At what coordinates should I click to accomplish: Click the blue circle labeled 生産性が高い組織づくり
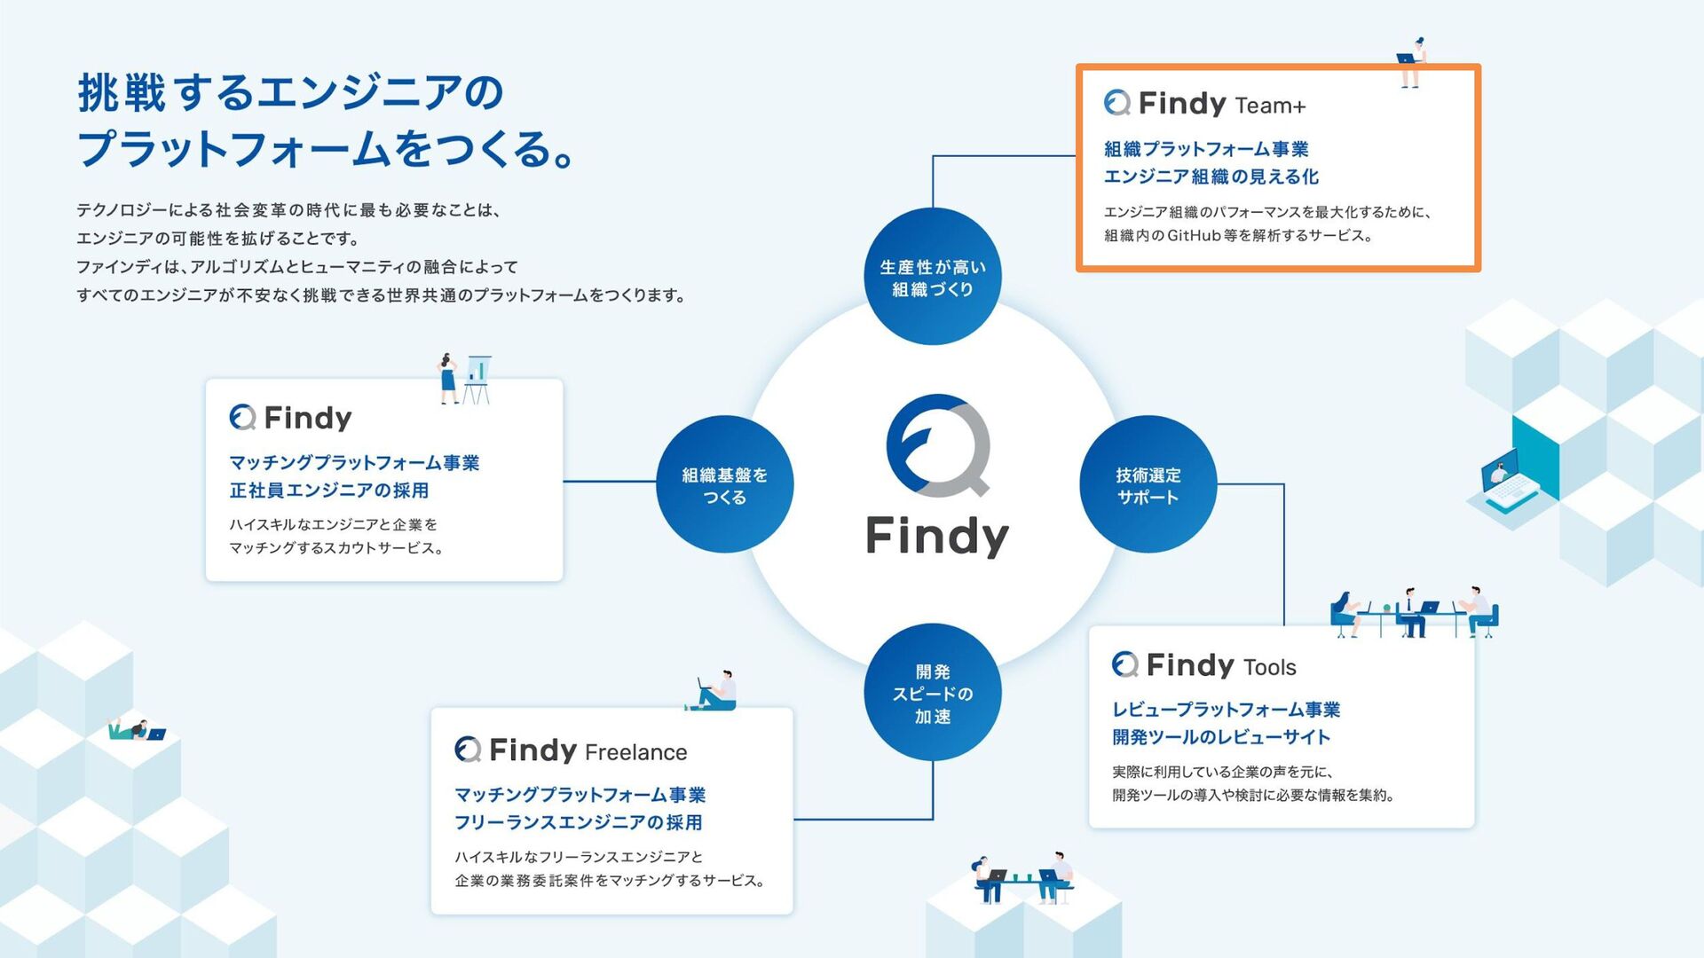pyautogui.click(x=933, y=277)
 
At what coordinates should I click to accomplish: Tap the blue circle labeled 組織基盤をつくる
pyautogui.click(x=724, y=484)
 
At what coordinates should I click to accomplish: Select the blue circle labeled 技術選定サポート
pyautogui.click(x=1148, y=484)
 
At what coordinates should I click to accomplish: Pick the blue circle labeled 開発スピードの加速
pyautogui.click(x=933, y=693)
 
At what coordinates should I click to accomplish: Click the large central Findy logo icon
pyautogui.click(x=938, y=445)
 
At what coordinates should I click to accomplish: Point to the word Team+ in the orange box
pyautogui.click(x=1270, y=106)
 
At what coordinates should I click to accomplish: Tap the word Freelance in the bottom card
pyautogui.click(x=635, y=752)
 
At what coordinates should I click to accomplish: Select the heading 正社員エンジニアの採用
pyautogui.click(x=329, y=491)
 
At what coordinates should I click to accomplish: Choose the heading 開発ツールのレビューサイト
pyautogui.click(x=1221, y=737)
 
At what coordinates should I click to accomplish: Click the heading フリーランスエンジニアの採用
pyautogui.click(x=578, y=822)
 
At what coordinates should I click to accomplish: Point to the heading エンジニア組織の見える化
pyautogui.click(x=1211, y=177)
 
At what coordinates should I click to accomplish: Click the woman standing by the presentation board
pyautogui.click(x=449, y=378)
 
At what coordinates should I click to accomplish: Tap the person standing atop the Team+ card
pyautogui.click(x=1411, y=62)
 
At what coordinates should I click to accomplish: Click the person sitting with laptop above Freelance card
pyautogui.click(x=715, y=692)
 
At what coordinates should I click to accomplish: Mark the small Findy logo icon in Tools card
pyautogui.click(x=1125, y=664)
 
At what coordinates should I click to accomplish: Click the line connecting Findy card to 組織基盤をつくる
pyautogui.click(x=609, y=482)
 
